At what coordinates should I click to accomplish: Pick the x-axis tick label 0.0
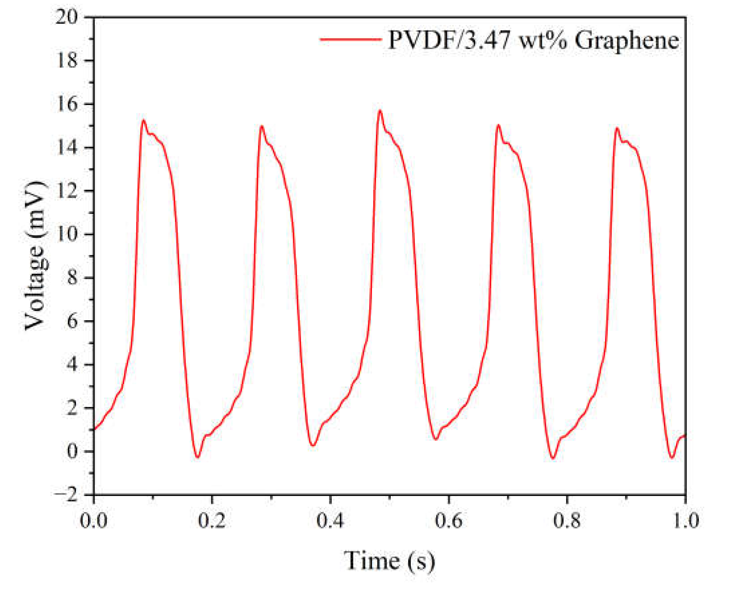tap(94, 521)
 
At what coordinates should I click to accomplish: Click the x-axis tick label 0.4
tap(330, 521)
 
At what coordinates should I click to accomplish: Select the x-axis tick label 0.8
tap(567, 521)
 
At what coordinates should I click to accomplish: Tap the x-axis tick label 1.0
tap(685, 521)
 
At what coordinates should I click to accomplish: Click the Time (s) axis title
tap(389, 561)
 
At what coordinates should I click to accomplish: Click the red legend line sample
tap(350, 39)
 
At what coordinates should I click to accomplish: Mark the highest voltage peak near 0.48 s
tap(380, 110)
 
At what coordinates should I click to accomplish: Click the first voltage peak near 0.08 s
tap(143, 120)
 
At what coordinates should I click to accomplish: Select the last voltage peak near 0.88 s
tap(617, 128)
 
